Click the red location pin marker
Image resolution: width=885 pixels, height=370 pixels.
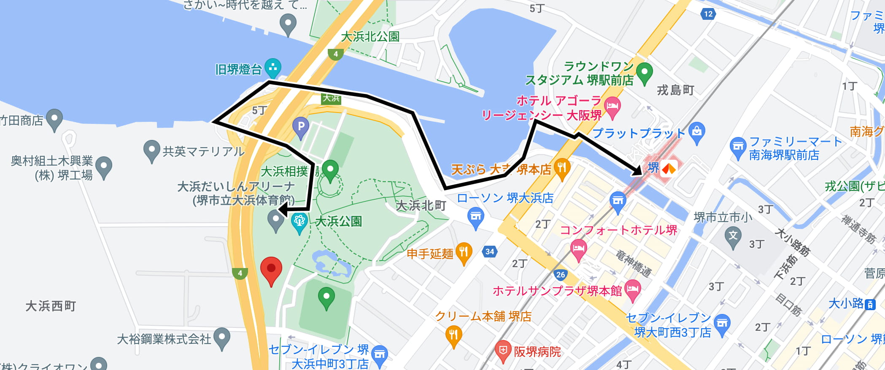[271, 269]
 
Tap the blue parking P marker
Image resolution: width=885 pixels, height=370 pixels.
[301, 126]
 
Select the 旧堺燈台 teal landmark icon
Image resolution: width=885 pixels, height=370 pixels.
[273, 67]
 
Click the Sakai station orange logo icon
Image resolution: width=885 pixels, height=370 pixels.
[669, 169]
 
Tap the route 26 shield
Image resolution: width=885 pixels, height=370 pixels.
[560, 275]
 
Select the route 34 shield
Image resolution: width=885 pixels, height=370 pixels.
[489, 252]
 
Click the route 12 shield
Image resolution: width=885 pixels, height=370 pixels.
[708, 14]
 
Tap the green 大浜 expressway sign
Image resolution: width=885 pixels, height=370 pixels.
[331, 98]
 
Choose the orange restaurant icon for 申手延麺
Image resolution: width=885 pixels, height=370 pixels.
[464, 252]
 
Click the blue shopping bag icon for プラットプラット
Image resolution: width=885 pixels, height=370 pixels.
[697, 132]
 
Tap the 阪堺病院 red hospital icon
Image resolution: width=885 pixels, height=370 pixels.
[503, 350]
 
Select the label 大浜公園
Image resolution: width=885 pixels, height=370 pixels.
[338, 221]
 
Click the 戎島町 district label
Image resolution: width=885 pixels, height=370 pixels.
[675, 90]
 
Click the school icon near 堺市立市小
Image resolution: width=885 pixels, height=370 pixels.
[733, 236]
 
